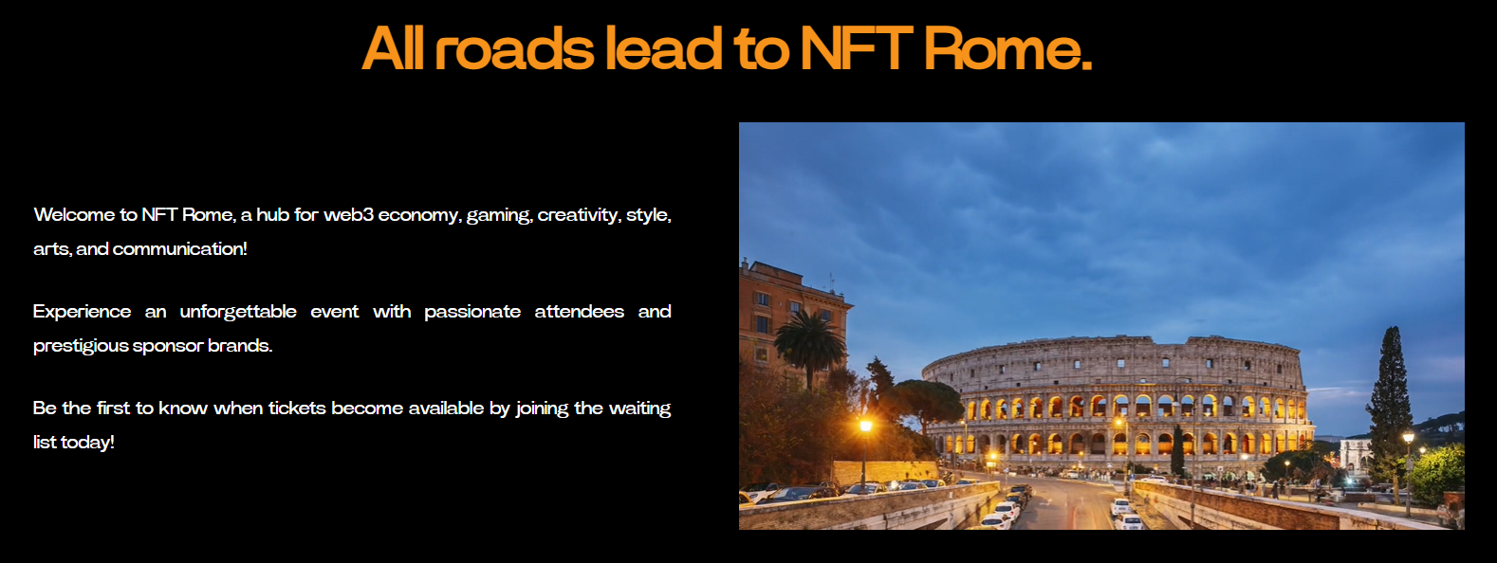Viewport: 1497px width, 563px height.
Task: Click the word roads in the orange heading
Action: [x=513, y=48]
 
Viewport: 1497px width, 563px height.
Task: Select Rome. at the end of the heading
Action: [x=1007, y=48]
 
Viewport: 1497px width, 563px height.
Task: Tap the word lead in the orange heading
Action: [x=663, y=48]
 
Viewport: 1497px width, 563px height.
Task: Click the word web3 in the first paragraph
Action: [x=348, y=214]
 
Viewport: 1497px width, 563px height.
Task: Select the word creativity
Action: [x=579, y=216]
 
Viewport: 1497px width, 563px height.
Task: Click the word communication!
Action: [x=180, y=248]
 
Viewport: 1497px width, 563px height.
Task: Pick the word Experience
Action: [x=82, y=313]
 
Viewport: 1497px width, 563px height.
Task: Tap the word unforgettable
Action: [x=238, y=313]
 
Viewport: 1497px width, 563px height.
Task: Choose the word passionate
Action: [x=471, y=313]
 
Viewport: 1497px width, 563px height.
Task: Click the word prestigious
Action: [x=80, y=347]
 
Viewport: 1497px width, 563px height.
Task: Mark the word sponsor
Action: [x=168, y=347]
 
